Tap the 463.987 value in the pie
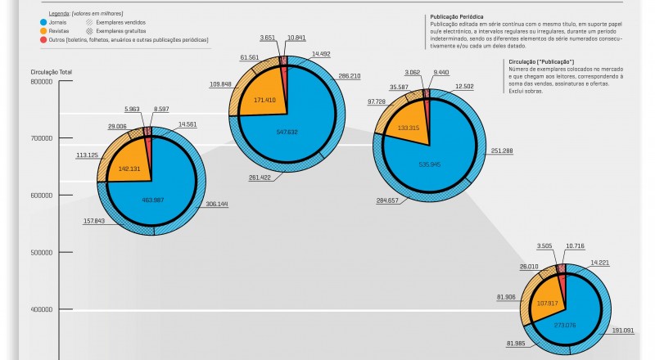[x=153, y=200]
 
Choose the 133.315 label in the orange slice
[x=409, y=128]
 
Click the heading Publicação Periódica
[x=456, y=16]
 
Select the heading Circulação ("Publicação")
[x=541, y=62]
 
